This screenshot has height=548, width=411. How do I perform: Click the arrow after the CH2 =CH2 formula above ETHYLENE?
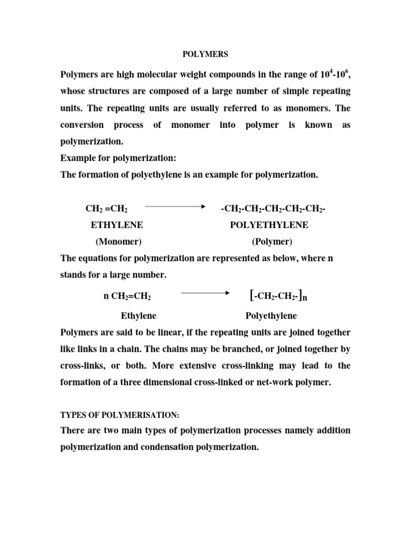(x=175, y=206)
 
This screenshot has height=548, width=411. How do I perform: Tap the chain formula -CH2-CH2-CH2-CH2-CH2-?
(x=273, y=208)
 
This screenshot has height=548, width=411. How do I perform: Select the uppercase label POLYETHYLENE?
(x=269, y=225)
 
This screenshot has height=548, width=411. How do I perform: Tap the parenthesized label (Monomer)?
(x=118, y=241)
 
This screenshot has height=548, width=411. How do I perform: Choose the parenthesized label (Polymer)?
(x=272, y=241)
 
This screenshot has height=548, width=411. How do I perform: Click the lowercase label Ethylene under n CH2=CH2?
(x=138, y=315)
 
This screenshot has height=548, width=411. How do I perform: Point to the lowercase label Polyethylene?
(x=271, y=315)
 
